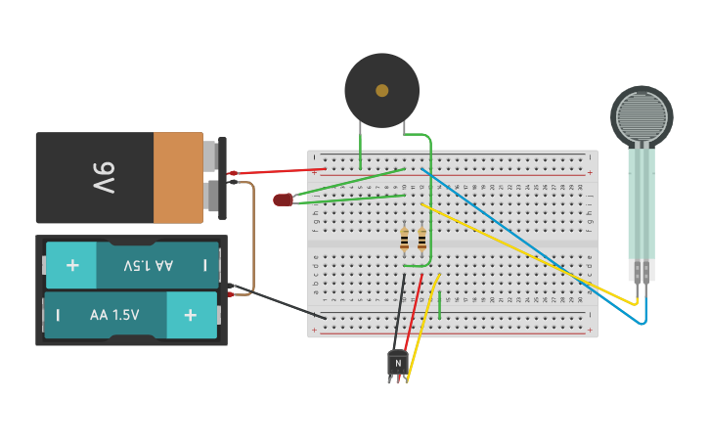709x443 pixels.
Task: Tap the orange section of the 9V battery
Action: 178,177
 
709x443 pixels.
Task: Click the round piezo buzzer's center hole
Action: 381,90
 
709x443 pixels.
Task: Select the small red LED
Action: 283,199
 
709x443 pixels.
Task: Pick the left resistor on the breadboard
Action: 404,240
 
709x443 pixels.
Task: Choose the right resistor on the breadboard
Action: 421,240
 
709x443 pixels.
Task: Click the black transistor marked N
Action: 397,363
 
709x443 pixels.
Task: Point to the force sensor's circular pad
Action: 642,115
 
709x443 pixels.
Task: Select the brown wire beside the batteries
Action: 253,235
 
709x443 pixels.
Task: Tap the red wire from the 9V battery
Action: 279,171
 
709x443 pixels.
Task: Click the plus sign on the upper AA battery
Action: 71,265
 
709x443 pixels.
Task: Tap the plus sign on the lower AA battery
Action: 191,315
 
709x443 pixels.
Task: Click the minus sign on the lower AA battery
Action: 58,315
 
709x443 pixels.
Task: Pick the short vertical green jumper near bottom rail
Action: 440,305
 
